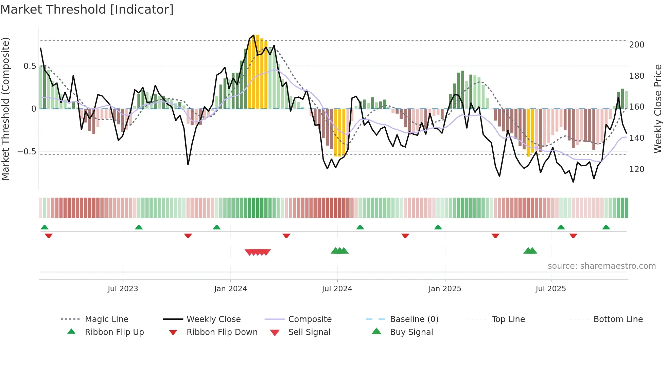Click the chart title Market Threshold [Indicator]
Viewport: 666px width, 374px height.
pyautogui.click(x=87, y=10)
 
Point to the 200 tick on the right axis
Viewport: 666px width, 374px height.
pyautogui.click(x=636, y=45)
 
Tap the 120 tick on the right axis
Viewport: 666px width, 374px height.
pyautogui.click(x=636, y=169)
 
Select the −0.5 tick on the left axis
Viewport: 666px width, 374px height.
pyautogui.click(x=27, y=151)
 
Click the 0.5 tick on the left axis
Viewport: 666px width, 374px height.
pyautogui.click(x=30, y=66)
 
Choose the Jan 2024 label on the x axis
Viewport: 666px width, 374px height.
pyautogui.click(x=230, y=289)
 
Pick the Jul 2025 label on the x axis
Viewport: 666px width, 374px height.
pyautogui.click(x=550, y=289)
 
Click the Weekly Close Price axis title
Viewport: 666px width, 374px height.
pyautogui.click(x=658, y=109)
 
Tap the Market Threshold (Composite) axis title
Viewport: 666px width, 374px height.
pyautogui.click(x=5, y=109)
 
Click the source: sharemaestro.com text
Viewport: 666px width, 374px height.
pyautogui.click(x=601, y=266)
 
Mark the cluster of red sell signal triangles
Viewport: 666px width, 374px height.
pyautogui.click(x=258, y=252)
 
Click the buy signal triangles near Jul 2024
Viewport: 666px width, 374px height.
pyautogui.click(x=339, y=251)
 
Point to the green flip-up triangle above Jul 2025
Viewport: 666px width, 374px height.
pyautogui.click(x=561, y=227)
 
